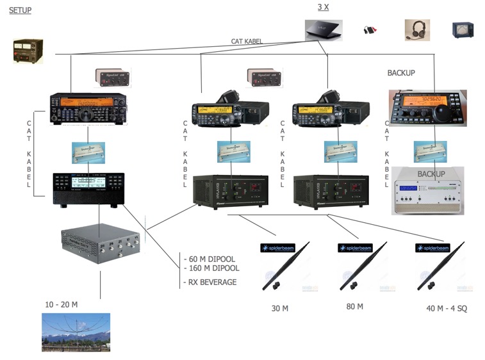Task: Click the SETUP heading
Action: (x=20, y=10)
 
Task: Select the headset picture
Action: (x=417, y=30)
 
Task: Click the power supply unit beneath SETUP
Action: (x=28, y=51)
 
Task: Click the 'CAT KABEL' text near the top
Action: (x=247, y=41)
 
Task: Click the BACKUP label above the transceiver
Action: (x=401, y=73)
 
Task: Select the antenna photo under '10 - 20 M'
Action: (x=76, y=332)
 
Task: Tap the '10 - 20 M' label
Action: (x=62, y=304)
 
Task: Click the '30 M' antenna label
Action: (x=280, y=309)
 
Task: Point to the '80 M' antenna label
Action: (x=354, y=307)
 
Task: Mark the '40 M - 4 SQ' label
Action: (x=447, y=309)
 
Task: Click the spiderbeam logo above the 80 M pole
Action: (x=354, y=247)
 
